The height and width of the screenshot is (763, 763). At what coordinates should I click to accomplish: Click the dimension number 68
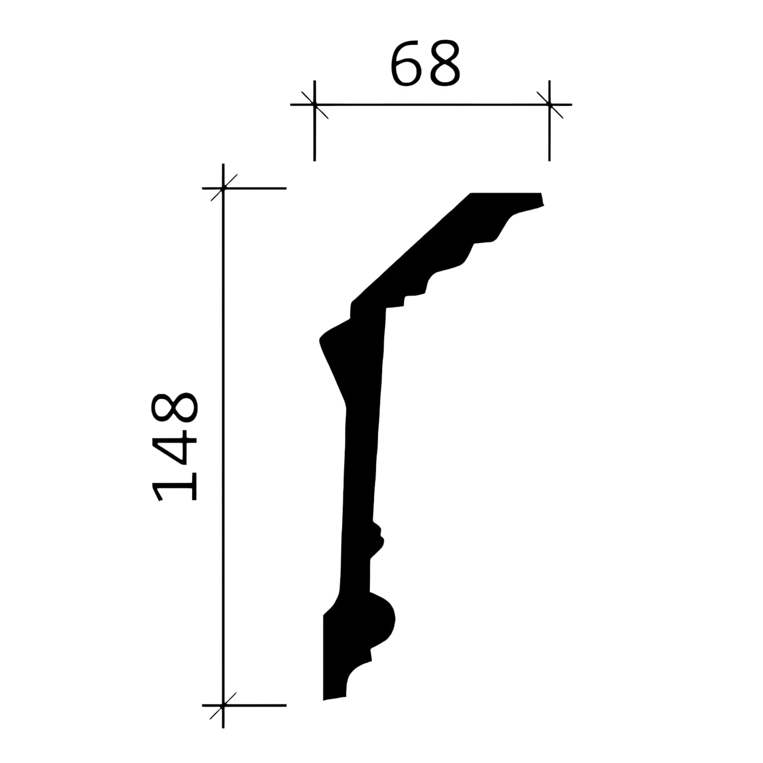click(x=425, y=64)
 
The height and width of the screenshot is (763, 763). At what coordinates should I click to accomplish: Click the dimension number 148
click(x=174, y=447)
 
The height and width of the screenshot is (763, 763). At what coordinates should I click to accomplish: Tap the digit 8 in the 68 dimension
click(x=444, y=64)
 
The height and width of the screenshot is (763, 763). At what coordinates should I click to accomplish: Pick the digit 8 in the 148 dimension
click(x=174, y=408)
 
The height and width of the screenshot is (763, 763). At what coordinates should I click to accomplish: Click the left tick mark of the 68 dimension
click(x=314, y=105)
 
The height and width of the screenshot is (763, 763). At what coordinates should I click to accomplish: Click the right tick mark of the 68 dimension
click(x=549, y=105)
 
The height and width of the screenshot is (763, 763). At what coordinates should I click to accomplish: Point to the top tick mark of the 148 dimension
click(x=223, y=188)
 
